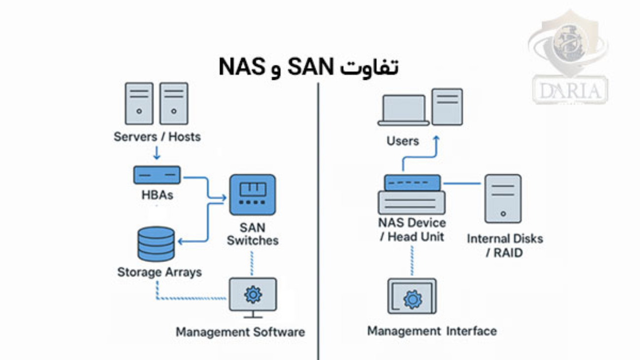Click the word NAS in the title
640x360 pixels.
[241, 67]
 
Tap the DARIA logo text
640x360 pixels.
[571, 91]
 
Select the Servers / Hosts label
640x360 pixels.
[157, 136]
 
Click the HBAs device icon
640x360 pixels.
[157, 175]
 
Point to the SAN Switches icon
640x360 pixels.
[253, 195]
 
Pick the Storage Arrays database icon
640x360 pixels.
[156, 244]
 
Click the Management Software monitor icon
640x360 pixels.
[253, 295]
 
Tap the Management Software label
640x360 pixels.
[240, 331]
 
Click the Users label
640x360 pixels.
[403, 141]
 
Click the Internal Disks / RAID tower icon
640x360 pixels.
[503, 198]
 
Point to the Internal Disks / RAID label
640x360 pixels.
[505, 245]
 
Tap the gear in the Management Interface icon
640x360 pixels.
[413, 299]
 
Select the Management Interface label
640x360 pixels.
[432, 330]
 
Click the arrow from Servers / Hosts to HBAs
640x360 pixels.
[157, 152]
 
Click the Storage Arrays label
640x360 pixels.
[160, 272]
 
